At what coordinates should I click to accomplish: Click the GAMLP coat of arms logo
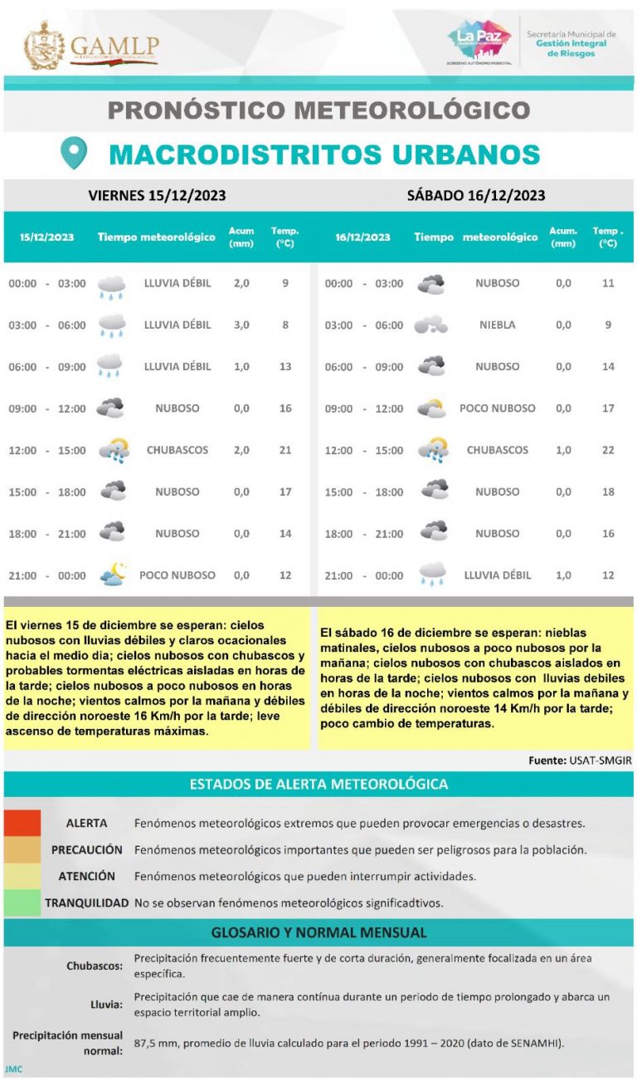[x=45, y=46]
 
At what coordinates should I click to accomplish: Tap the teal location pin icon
[x=74, y=154]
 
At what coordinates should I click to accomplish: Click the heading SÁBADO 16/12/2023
[x=476, y=196]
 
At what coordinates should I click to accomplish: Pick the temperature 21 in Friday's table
[x=285, y=450]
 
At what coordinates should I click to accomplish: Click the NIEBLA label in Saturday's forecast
[x=497, y=325]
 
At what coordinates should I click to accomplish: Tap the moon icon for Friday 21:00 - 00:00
[x=112, y=574]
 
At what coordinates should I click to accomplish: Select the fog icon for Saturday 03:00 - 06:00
[x=430, y=325]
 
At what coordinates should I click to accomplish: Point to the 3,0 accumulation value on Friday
[x=241, y=325]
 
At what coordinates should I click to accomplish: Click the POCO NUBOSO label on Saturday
[x=497, y=408]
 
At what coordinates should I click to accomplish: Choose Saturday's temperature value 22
[x=608, y=450]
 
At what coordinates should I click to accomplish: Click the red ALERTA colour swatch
[x=22, y=823]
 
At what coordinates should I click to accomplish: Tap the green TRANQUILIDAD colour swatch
[x=22, y=903]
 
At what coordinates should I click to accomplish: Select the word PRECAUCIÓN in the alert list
[x=87, y=850]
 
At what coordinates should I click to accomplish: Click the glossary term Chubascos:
[x=95, y=966]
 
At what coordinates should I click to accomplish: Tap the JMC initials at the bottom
[x=13, y=1069]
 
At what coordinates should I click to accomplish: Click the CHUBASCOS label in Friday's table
[x=177, y=450]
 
